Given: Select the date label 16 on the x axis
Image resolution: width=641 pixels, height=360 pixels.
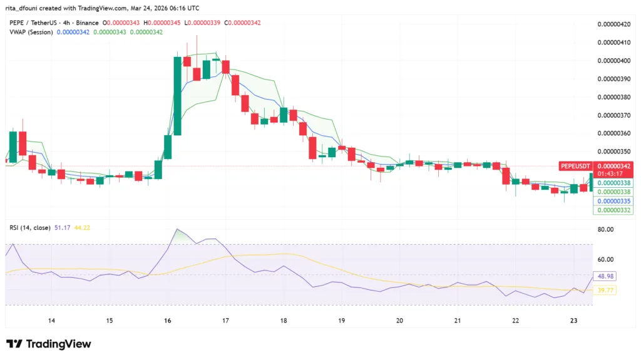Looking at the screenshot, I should pos(167,321).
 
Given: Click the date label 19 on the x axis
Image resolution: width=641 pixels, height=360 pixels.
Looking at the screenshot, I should pos(342,321).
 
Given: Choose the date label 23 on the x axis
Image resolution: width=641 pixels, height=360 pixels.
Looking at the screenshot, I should pos(574,321).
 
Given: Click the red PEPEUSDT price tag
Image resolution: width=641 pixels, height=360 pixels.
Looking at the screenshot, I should pos(575,165).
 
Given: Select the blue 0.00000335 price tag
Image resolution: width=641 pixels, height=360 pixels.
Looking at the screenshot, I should pos(613,201).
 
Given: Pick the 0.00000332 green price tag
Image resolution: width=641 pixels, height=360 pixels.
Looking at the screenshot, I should pos(613,210).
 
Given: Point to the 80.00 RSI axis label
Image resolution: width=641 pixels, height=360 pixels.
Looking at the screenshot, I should pos(606,229).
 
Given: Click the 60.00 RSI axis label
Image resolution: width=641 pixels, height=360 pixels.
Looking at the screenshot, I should pos(606,259).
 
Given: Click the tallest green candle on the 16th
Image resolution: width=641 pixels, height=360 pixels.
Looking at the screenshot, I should pos(178,95).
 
